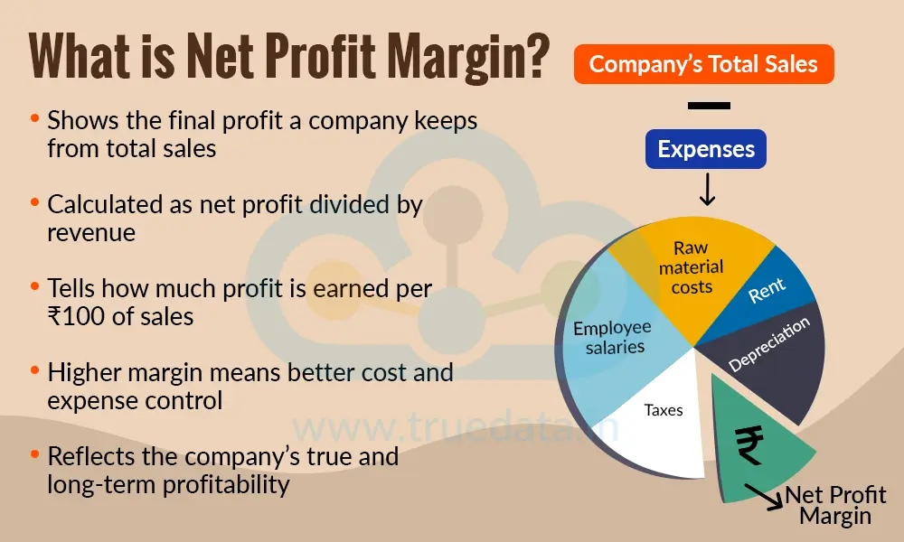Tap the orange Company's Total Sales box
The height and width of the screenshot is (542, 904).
tap(703, 64)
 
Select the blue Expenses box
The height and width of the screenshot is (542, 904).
tap(706, 149)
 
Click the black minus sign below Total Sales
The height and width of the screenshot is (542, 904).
tap(708, 106)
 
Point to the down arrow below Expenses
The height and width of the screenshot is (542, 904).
tap(707, 189)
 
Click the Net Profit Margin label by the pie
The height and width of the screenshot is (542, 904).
tap(835, 505)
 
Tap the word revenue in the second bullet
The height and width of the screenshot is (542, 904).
tap(91, 231)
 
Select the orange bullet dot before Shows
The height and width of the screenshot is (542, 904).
tap(34, 119)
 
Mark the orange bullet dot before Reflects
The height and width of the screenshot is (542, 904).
tap(34, 455)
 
